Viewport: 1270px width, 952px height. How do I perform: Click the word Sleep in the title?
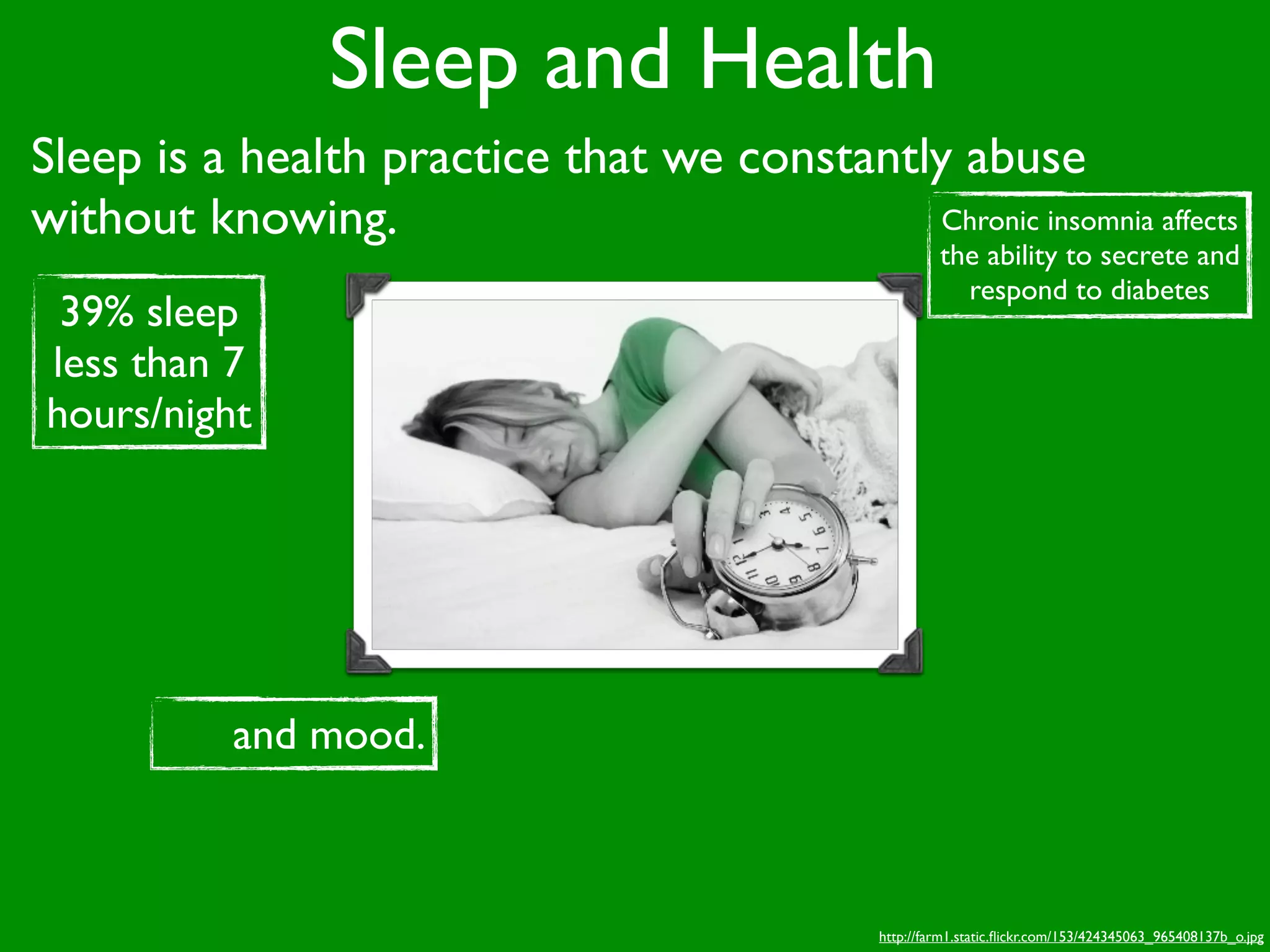(423, 61)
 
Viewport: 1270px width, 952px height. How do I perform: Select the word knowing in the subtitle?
(303, 218)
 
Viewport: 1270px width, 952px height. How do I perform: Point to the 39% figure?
(97, 311)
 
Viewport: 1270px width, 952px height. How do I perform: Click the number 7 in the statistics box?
(233, 363)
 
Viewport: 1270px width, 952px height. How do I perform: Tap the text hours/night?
(149, 414)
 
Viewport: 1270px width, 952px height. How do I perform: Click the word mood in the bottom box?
(366, 735)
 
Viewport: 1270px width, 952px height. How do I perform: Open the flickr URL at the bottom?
(1071, 937)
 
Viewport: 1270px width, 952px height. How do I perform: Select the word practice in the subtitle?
(465, 157)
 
